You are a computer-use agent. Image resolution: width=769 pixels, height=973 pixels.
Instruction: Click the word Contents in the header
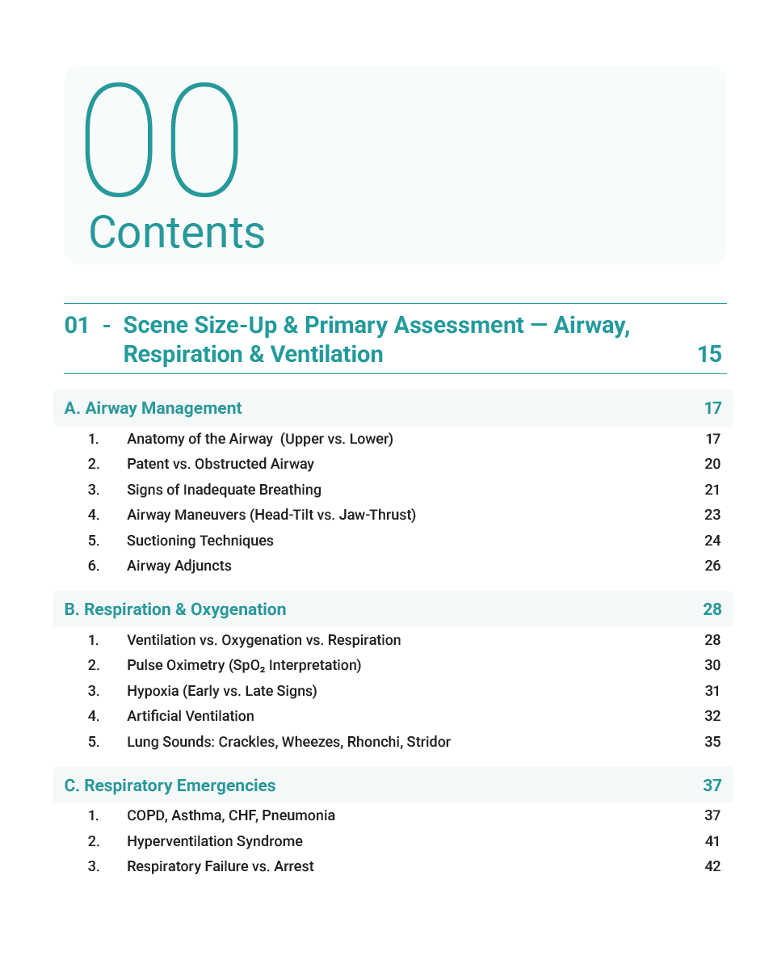click(176, 232)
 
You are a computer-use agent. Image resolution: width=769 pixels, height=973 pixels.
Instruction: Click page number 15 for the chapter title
click(708, 354)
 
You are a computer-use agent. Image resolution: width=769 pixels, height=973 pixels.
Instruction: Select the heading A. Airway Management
click(153, 408)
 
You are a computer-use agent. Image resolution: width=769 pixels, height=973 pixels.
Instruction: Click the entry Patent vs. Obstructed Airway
click(220, 464)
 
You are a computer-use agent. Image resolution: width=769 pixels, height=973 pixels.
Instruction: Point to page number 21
click(712, 490)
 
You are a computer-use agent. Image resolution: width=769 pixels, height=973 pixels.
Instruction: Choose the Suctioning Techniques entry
click(200, 541)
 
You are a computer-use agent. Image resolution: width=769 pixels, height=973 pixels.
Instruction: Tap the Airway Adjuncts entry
click(179, 566)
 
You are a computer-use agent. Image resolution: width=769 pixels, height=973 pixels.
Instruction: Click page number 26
click(712, 566)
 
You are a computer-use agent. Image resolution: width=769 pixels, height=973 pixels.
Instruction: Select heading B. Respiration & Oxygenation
click(174, 609)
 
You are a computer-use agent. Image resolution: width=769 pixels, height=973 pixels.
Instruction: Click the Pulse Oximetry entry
click(243, 665)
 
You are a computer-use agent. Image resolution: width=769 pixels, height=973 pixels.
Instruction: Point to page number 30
click(712, 665)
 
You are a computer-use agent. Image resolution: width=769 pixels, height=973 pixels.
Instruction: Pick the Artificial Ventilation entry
click(190, 716)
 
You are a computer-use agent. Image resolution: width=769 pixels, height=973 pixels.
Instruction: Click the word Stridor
click(429, 741)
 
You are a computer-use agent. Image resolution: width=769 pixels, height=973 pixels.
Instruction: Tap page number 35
click(712, 741)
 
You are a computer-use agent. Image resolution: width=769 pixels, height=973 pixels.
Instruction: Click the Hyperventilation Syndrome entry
click(214, 841)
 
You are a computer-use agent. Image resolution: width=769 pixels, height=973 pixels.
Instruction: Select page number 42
click(712, 866)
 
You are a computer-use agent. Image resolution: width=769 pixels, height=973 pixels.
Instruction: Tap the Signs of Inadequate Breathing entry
click(224, 490)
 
